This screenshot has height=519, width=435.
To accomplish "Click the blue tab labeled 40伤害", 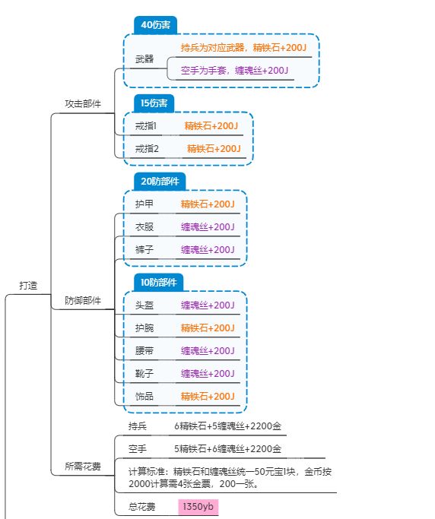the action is pos(155,25).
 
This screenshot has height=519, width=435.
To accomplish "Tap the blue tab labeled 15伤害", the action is pos(154,103).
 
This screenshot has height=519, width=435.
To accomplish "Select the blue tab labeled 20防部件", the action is pos(160,182).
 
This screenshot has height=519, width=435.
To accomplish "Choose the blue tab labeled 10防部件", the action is pos(158,283).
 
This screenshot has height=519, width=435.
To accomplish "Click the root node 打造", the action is pos(28,285).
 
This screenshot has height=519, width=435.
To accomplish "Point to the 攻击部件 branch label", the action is pos(83,103).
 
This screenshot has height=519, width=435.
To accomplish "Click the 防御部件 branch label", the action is pos(83,301).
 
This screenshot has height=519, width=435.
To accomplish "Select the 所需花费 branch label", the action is pos(83,467).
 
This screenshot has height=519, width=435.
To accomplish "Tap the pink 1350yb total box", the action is pos(198,507).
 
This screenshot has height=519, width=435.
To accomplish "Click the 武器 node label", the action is pos(144,59).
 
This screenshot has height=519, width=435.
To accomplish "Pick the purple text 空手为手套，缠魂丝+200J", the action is pos(234,71).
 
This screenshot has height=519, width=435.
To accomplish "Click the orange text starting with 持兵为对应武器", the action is pos(243,48).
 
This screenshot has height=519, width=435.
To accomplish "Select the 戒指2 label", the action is pos(147,149).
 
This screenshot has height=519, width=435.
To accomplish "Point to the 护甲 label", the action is pos(144,204).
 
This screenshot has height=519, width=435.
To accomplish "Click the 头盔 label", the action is pos(144,305).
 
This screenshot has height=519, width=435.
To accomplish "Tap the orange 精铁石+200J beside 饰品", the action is pos(208,396).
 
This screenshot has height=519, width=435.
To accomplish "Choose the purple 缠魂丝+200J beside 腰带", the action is pos(208,351).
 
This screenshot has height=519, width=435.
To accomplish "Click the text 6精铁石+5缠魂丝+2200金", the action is pos(228,426).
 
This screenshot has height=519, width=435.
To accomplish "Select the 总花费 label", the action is pos(141,507).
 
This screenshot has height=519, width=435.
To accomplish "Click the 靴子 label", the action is pos(144,374).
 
